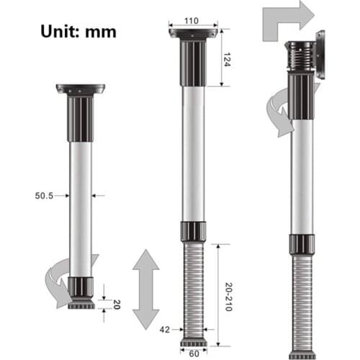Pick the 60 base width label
tap(192, 354)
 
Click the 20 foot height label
tap(116, 303)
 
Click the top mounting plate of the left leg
tap(80, 89)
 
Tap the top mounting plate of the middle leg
tap(192, 34)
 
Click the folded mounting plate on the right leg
tap(320, 55)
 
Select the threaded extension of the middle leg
tap(192, 288)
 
